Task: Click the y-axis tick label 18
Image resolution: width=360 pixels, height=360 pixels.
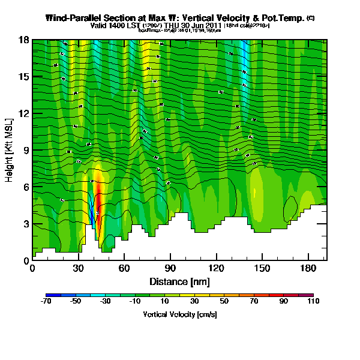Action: [x=22, y=40]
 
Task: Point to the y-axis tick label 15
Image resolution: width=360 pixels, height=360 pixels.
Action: [x=22, y=77]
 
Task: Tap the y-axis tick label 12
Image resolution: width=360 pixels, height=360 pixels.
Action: [x=22, y=113]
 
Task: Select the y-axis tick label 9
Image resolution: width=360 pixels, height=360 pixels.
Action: [x=25, y=150]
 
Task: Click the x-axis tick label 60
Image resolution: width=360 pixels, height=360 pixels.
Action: [x=124, y=269]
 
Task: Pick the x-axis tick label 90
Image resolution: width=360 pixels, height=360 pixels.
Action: [x=170, y=269]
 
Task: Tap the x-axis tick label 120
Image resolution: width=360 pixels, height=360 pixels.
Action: [x=217, y=269]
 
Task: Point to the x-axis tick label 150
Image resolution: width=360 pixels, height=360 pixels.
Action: [x=262, y=269]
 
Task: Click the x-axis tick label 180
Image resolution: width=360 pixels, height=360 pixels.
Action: [x=308, y=269]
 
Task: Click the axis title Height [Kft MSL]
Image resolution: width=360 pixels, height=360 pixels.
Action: [x=10, y=150]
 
